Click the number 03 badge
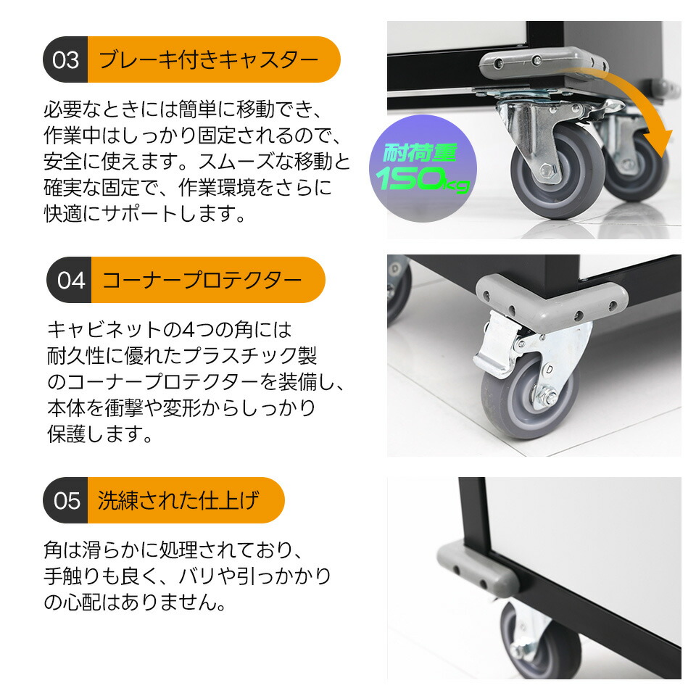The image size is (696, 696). coord(66,59)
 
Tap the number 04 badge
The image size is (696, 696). coord(70,280)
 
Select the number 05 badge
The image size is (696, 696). coord(66,500)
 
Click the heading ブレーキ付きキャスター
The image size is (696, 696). coord(209,59)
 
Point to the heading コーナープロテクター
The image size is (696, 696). coord(202,280)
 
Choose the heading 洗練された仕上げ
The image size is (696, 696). coord(178,500)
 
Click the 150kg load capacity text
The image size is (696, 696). coord(422,179)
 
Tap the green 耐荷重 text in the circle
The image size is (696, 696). coord(420,153)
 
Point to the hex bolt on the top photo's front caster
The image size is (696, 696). coord(546,171)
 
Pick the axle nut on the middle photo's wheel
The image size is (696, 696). coord(550,398)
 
